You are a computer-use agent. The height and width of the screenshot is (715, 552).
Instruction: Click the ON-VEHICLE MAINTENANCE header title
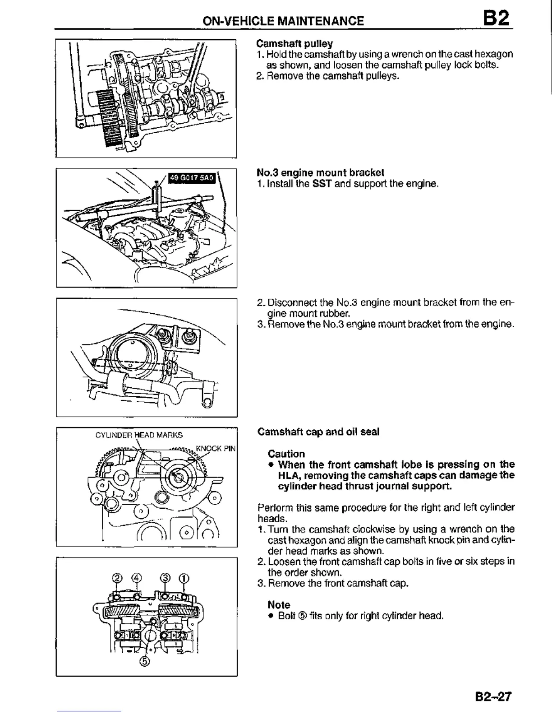(283, 21)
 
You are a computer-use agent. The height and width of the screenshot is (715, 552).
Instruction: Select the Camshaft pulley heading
(294, 44)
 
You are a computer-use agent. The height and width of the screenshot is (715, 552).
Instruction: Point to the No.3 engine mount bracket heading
(320, 172)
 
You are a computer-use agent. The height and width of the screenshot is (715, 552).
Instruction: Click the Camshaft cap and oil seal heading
(318, 432)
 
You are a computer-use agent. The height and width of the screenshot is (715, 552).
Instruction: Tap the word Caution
(286, 454)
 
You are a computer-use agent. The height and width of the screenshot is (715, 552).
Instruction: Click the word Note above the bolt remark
(279, 604)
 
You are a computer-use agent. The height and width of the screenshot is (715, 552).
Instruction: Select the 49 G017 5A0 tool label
(190, 178)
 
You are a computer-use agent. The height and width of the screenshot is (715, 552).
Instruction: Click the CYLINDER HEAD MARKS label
(139, 435)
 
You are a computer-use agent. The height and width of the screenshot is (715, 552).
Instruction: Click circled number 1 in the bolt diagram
(184, 578)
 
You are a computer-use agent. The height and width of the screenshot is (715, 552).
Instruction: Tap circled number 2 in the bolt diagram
(117, 578)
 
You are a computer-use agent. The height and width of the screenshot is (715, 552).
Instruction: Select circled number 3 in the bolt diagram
(166, 578)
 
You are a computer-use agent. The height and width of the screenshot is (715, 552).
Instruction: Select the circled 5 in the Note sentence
(303, 616)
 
